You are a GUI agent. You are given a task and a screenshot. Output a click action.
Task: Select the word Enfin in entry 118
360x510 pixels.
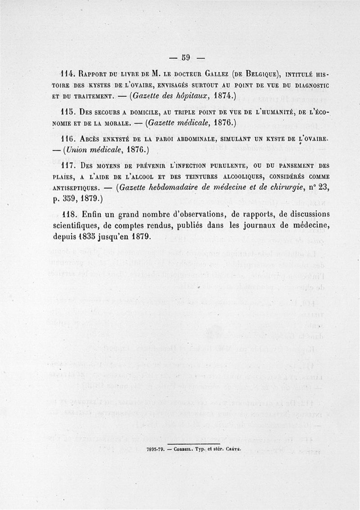coord(92,214)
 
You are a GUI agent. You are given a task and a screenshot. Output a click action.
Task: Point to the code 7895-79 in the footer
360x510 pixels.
coord(156,449)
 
